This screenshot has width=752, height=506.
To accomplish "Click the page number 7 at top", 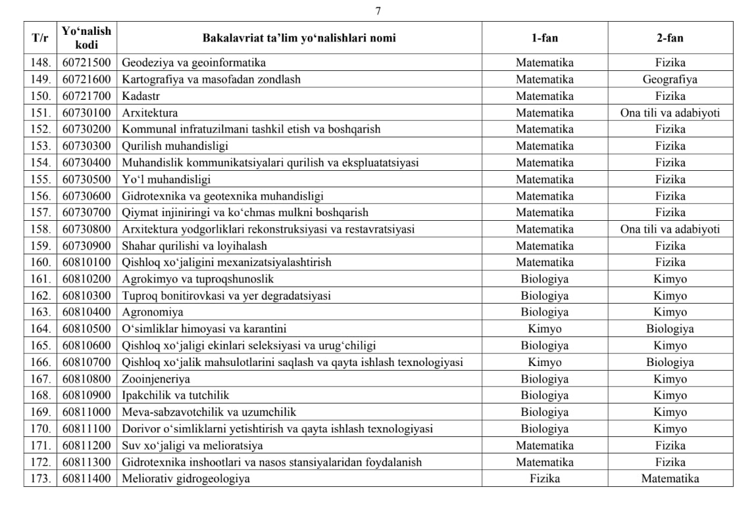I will pyautogui.click(x=378, y=11).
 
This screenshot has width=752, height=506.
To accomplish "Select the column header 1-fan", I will pyautogui.click(x=544, y=37).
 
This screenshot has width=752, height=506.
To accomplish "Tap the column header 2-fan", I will pyautogui.click(x=670, y=37).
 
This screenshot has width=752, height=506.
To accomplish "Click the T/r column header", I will pyautogui.click(x=40, y=37).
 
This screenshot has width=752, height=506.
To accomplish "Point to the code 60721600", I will pyautogui.click(x=87, y=80).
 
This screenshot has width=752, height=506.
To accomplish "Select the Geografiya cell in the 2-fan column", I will pyautogui.click(x=670, y=80).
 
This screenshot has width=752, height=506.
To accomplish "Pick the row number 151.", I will pyautogui.click(x=41, y=113).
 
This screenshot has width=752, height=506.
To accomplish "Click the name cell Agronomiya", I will pyautogui.click(x=153, y=312).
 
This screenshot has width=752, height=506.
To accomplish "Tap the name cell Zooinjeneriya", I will pyautogui.click(x=156, y=379).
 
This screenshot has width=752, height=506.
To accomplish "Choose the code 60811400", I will pyautogui.click(x=87, y=479).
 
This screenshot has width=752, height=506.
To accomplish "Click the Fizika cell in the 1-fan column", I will pyautogui.click(x=544, y=479).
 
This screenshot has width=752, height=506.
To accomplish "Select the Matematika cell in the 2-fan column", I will pyautogui.click(x=670, y=479).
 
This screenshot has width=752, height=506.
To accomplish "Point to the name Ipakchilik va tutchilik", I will pyautogui.click(x=176, y=396).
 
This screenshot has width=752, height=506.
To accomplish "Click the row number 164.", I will pyautogui.click(x=41, y=329).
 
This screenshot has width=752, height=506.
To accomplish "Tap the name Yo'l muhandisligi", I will pyautogui.click(x=166, y=179).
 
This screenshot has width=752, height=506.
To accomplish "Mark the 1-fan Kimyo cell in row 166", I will pyautogui.click(x=544, y=362).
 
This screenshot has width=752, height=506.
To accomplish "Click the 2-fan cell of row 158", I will pyautogui.click(x=670, y=229).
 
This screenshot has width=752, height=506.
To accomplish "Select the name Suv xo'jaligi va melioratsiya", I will pyautogui.click(x=193, y=446).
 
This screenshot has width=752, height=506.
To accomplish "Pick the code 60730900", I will pyautogui.click(x=87, y=246).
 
